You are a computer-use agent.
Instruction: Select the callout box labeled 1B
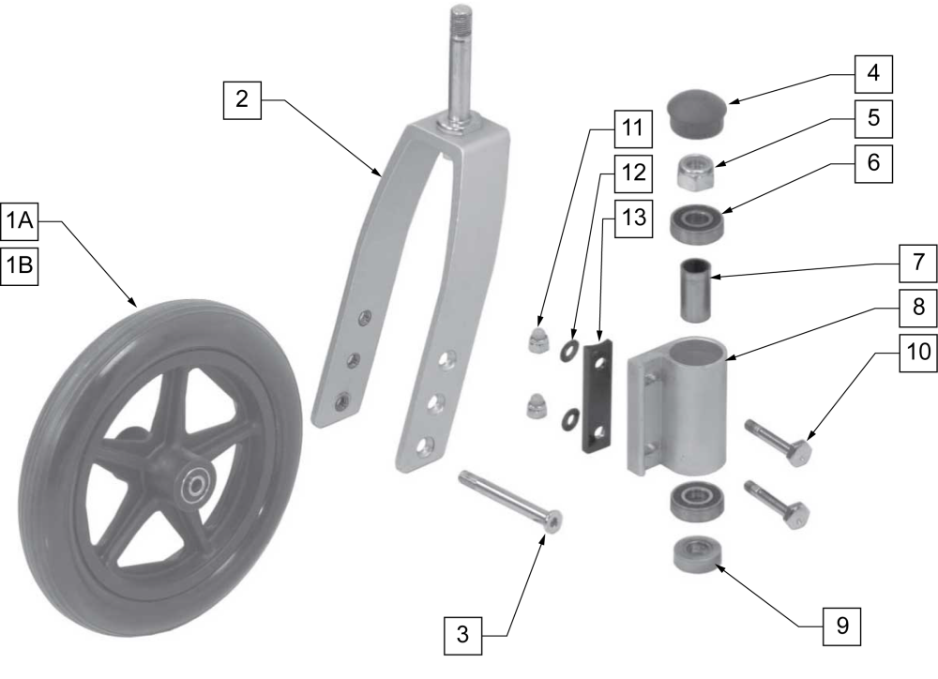click(20, 265)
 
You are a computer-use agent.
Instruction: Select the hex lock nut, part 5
click(695, 173)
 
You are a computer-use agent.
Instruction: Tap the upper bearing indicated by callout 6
click(695, 223)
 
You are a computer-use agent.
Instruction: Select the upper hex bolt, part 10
click(779, 443)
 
